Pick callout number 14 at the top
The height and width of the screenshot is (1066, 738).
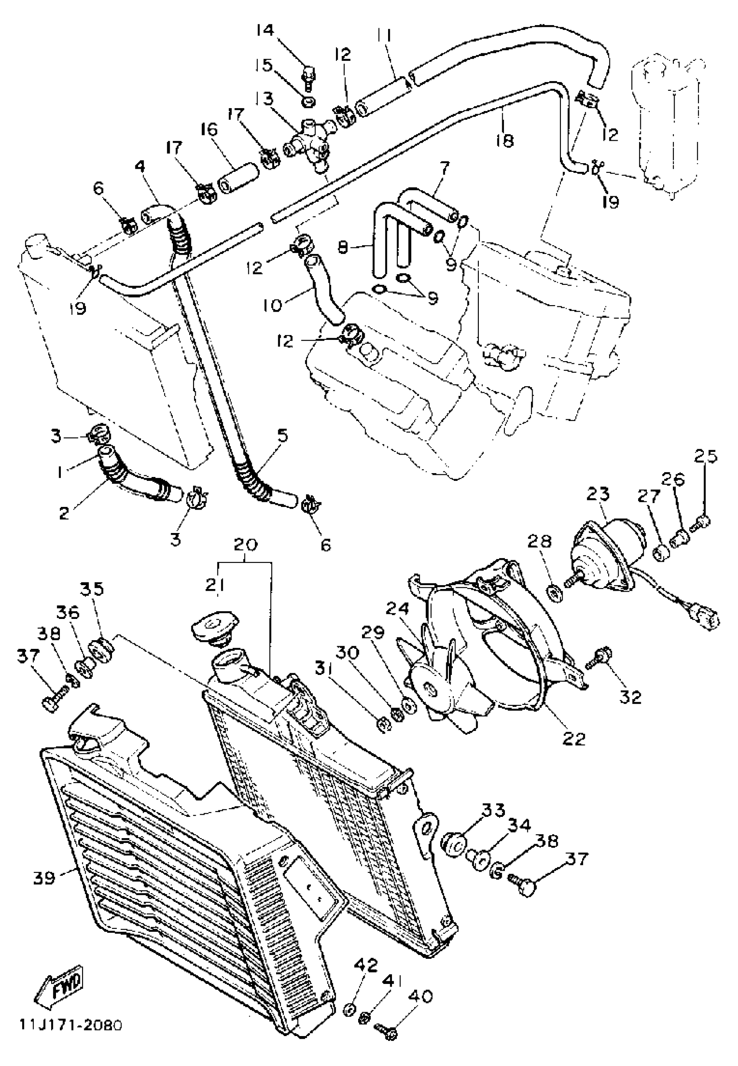(x=265, y=30)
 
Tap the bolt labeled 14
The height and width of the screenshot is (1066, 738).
(x=310, y=75)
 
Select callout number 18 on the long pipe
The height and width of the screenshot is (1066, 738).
(x=505, y=140)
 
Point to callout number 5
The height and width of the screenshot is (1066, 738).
(x=283, y=436)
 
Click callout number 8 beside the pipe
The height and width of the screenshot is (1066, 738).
(x=343, y=247)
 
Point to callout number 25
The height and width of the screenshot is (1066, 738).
(x=705, y=456)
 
